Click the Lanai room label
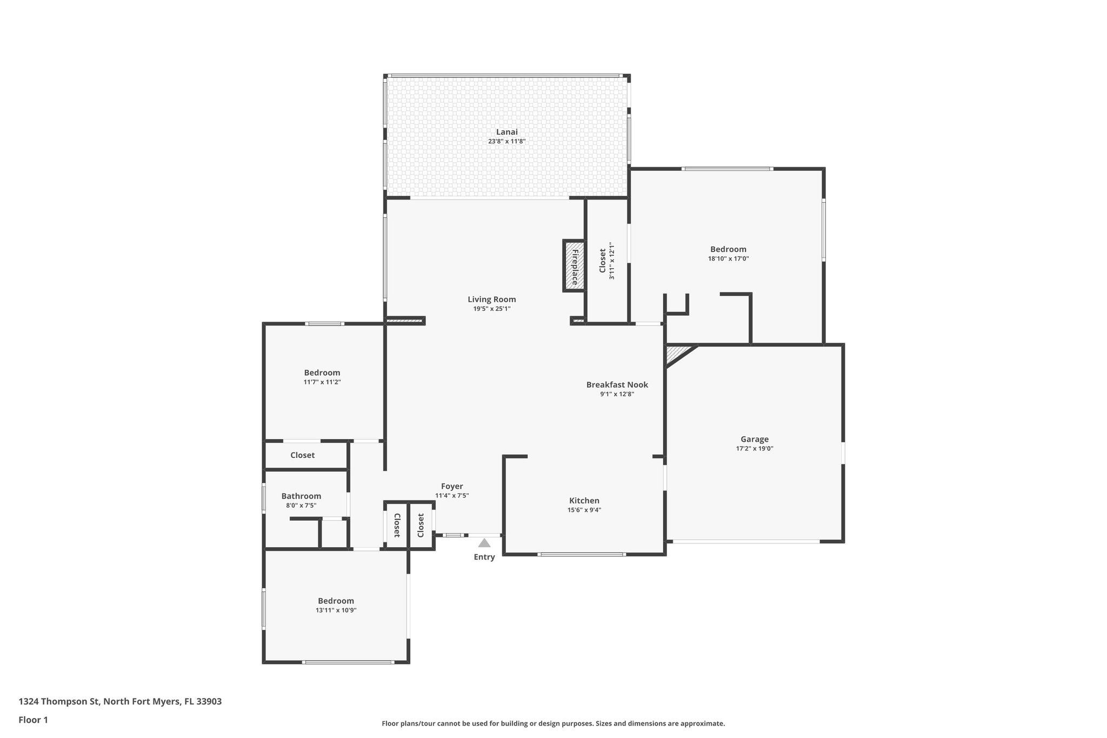tap(506, 132)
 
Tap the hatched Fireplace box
tap(574, 267)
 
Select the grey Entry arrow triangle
tap(484, 543)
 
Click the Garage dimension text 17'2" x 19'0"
tap(755, 448)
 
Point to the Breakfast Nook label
tap(617, 385)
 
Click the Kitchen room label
tap(584, 501)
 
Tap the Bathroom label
tap(301, 496)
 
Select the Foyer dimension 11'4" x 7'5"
tap(452, 495)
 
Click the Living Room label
tap(491, 300)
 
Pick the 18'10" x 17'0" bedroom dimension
tap(728, 258)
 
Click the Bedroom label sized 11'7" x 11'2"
tap(322, 373)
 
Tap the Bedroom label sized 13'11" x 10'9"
tap(336, 601)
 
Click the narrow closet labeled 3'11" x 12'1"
tap(607, 261)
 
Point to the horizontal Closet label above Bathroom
tap(302, 455)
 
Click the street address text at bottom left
tap(120, 701)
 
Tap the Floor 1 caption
tap(33, 720)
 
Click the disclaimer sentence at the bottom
tap(553, 723)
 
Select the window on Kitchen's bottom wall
tap(582, 554)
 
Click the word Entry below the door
tap(484, 557)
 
